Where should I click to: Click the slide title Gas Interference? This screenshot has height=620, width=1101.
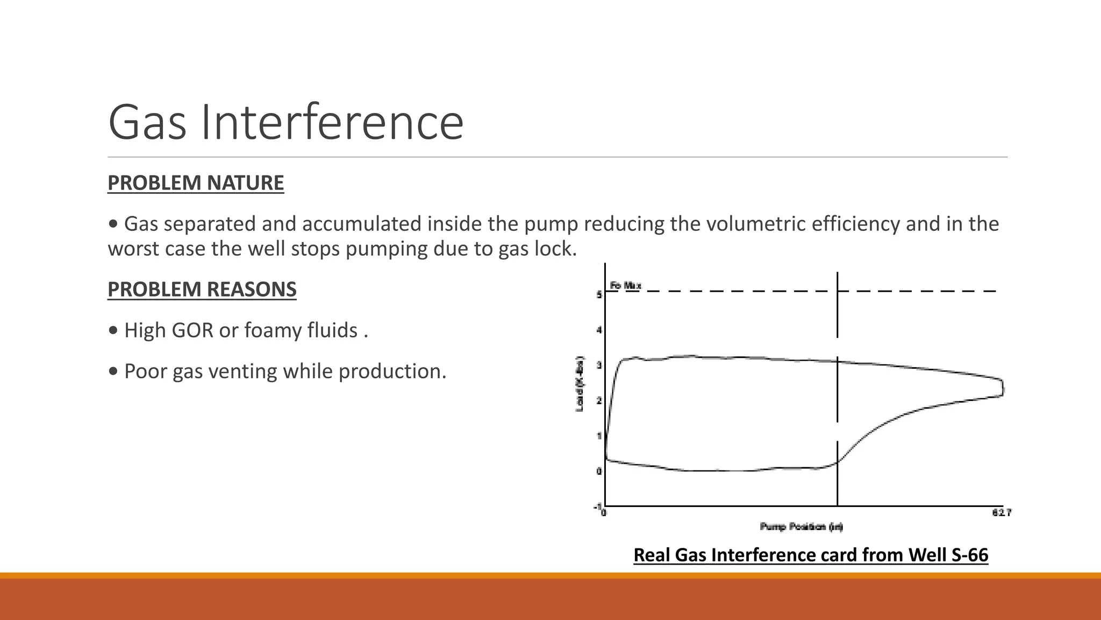(x=285, y=123)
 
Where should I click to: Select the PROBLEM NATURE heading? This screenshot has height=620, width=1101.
(x=196, y=183)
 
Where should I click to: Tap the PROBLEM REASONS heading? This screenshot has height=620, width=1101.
(x=202, y=290)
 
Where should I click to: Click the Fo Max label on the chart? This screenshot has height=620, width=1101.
(x=625, y=286)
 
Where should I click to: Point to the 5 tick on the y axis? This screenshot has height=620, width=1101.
(x=599, y=295)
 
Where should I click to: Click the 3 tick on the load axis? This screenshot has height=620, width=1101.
(x=599, y=365)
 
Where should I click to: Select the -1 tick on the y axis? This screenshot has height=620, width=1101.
(x=597, y=507)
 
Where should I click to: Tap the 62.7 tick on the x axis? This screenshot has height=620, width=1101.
(x=1002, y=513)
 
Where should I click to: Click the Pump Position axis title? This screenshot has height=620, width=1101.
(x=801, y=526)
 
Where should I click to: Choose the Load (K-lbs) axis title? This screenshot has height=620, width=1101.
(x=580, y=383)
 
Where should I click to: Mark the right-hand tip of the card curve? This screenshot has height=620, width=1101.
(x=1003, y=388)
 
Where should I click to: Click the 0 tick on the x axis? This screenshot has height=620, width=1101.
(x=604, y=513)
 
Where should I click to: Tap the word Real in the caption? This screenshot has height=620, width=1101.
(x=652, y=555)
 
